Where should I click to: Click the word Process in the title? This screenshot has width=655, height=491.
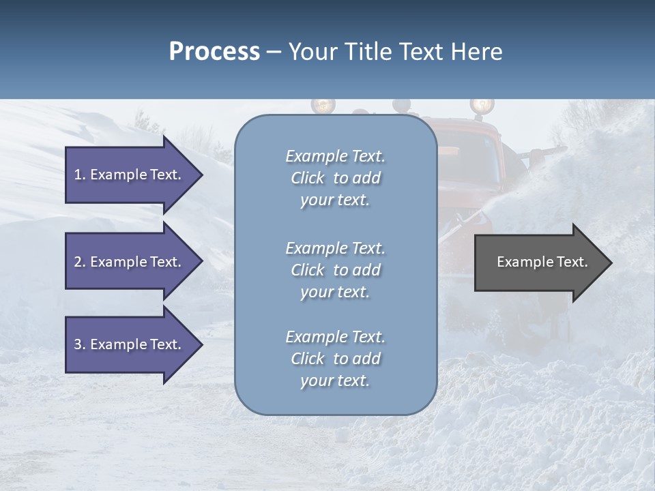[214, 52]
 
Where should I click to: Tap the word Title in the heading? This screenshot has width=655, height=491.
[364, 52]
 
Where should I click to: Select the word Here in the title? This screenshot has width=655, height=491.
[477, 52]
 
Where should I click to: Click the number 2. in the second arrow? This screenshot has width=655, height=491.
[80, 262]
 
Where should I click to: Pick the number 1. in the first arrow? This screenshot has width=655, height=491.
[80, 175]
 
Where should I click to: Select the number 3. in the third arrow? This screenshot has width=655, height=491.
[80, 344]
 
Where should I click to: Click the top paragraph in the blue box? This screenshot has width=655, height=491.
[335, 178]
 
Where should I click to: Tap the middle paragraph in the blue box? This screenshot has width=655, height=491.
[335, 270]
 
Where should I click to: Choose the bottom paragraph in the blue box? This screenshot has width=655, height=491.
[335, 359]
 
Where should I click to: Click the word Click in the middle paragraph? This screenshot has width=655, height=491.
[307, 270]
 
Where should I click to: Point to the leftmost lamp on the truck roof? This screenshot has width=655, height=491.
[323, 106]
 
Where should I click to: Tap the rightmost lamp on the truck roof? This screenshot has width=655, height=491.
[482, 106]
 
